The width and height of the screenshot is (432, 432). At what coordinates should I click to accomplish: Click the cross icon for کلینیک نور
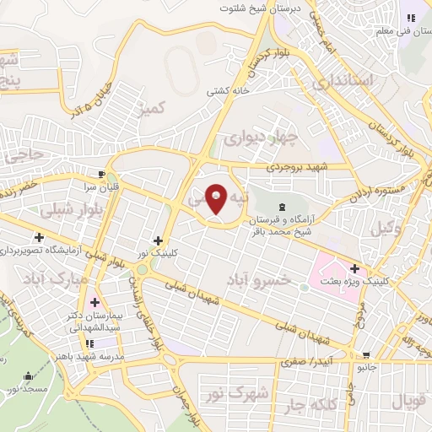158,240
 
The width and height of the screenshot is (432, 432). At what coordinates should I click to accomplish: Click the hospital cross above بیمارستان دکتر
94,301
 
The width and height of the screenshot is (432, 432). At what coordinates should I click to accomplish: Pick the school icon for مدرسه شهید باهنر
89,343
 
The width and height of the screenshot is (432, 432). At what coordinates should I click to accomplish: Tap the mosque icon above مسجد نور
28,376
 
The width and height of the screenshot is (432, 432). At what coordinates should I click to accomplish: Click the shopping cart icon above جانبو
366,355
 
